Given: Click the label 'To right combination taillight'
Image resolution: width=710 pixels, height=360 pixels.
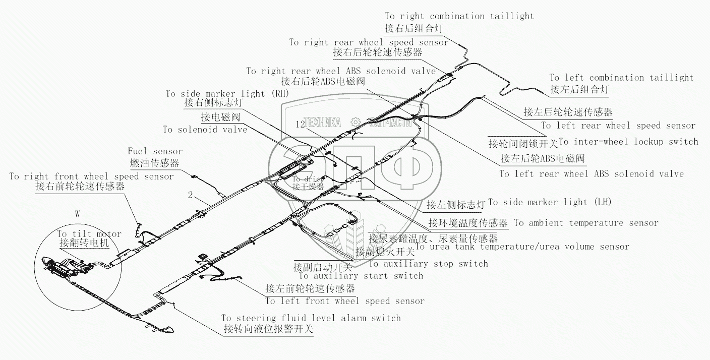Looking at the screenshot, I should (459, 16).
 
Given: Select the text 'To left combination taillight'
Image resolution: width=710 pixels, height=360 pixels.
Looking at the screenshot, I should (621, 78).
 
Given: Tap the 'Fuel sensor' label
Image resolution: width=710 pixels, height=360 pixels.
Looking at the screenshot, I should (155, 151).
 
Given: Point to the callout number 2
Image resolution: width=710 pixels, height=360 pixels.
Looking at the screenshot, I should (190, 194).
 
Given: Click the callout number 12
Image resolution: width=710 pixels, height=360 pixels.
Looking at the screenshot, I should (301, 124).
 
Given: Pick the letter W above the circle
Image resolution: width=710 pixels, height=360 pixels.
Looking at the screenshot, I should (77, 214).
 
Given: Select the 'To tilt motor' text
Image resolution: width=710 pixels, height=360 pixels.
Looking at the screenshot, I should (89, 234).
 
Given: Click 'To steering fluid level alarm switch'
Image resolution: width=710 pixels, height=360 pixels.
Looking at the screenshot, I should (311, 318).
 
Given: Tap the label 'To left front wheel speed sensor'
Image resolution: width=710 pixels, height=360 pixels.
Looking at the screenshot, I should (345, 301).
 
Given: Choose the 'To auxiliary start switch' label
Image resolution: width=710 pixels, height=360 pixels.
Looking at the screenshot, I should (361, 275).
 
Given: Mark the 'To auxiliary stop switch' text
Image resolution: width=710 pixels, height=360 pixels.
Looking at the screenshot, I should (429, 263).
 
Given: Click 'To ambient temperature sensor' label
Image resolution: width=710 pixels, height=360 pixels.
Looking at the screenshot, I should (586, 223).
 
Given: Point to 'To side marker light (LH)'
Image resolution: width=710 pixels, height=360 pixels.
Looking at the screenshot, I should (550, 202).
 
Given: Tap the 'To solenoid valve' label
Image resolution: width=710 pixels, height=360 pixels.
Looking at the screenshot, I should (205, 130).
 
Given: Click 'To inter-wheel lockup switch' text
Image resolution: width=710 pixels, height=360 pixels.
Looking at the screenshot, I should (629, 142).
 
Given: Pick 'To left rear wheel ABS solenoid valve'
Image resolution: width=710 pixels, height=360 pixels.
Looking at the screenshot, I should (591, 174).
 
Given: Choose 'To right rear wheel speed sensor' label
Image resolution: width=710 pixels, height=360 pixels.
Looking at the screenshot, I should (369, 42).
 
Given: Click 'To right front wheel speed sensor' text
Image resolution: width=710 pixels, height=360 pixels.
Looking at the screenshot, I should (91, 176).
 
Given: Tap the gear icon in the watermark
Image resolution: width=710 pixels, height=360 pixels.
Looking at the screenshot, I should (356, 122).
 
